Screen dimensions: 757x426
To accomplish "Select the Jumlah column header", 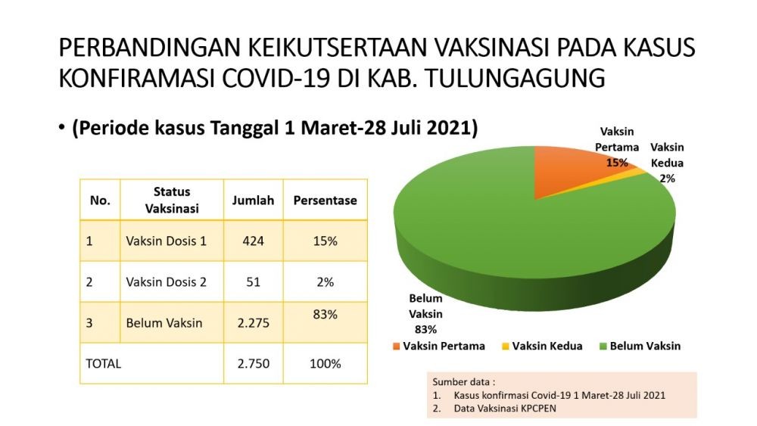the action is coord(253,201).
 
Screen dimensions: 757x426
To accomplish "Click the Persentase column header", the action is coord(326,201).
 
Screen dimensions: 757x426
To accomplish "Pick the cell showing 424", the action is coord(253,241).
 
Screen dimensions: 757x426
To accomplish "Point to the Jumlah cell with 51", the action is coord(253,281).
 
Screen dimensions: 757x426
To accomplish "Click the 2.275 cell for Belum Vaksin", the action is coord(253,323).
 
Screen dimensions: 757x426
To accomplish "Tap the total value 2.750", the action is coord(253,363).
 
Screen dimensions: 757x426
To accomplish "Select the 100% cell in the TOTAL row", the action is coord(326,363).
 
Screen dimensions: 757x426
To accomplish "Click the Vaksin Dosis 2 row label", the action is coord(166,281).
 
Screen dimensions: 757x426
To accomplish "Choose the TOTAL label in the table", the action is coord(103,363).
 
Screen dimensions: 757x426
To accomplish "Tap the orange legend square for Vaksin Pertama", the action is coord(397,347).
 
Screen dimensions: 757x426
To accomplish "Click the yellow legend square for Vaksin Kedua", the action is coord(506,347).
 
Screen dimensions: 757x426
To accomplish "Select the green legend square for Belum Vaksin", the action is coord(603,347).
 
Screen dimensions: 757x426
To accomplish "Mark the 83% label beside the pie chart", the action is coord(425,329).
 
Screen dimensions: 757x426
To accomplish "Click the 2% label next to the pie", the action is coord(667,179).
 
